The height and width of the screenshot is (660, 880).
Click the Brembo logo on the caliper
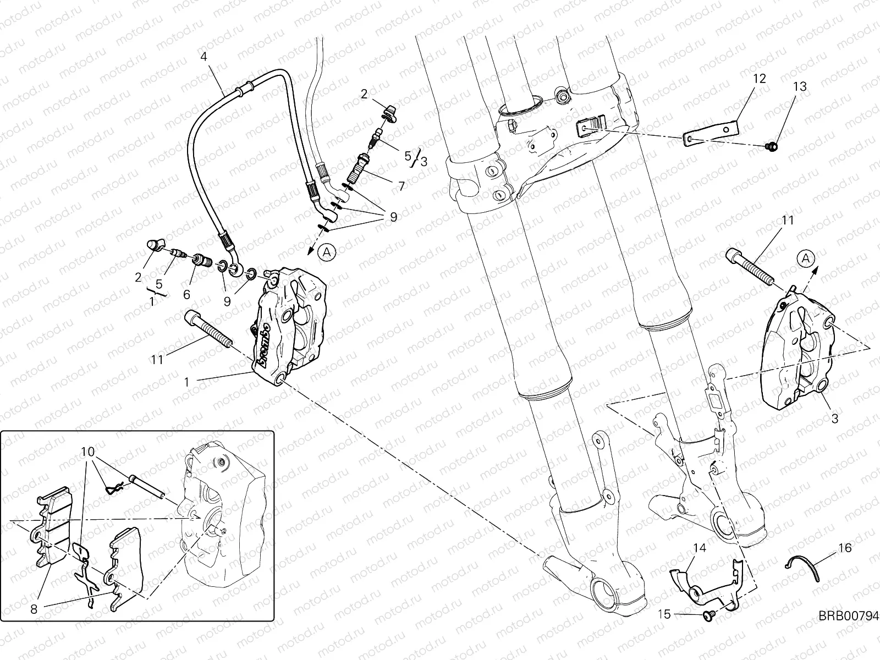coord(264,344)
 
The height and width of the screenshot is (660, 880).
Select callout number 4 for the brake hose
coord(204,57)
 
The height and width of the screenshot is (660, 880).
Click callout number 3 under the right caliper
coord(834,419)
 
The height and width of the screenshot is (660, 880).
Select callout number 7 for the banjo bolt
coord(402,187)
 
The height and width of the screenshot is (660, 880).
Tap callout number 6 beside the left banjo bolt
coord(186,295)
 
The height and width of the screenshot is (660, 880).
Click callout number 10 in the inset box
coord(88,452)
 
